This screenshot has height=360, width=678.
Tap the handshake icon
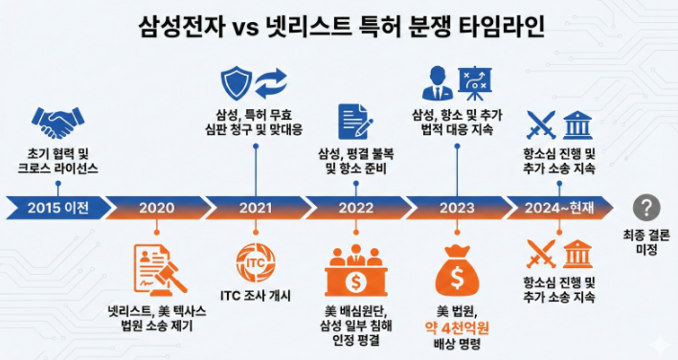coord(57,122)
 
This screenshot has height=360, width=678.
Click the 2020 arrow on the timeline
coord(156,207)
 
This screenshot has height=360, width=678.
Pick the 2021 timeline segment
coord(256,207)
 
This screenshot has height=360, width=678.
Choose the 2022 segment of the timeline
coord(356,207)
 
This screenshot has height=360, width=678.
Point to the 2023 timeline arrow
coord(457,207)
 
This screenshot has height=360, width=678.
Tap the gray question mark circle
coord(647,207)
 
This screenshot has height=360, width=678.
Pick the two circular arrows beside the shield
coord(271,81)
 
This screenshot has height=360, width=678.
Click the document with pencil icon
coord(354,122)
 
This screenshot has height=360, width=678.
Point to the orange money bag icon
coord(455,272)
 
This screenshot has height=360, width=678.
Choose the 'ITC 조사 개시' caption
coord(255,295)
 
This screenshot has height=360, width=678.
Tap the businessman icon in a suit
coord(439,82)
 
